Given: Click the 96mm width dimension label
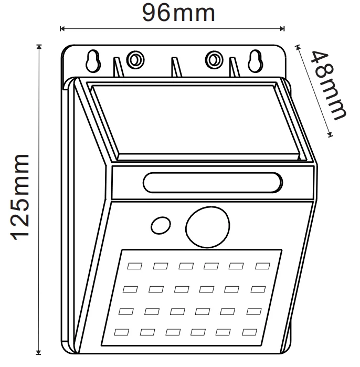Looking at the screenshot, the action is point(178,12).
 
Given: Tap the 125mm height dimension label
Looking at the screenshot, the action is point(23,197).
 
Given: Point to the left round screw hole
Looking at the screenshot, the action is point(135,59).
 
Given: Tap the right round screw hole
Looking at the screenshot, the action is point(214,59).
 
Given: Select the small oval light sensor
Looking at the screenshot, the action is point(159,226).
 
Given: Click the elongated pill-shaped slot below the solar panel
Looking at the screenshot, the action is point(212,183).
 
